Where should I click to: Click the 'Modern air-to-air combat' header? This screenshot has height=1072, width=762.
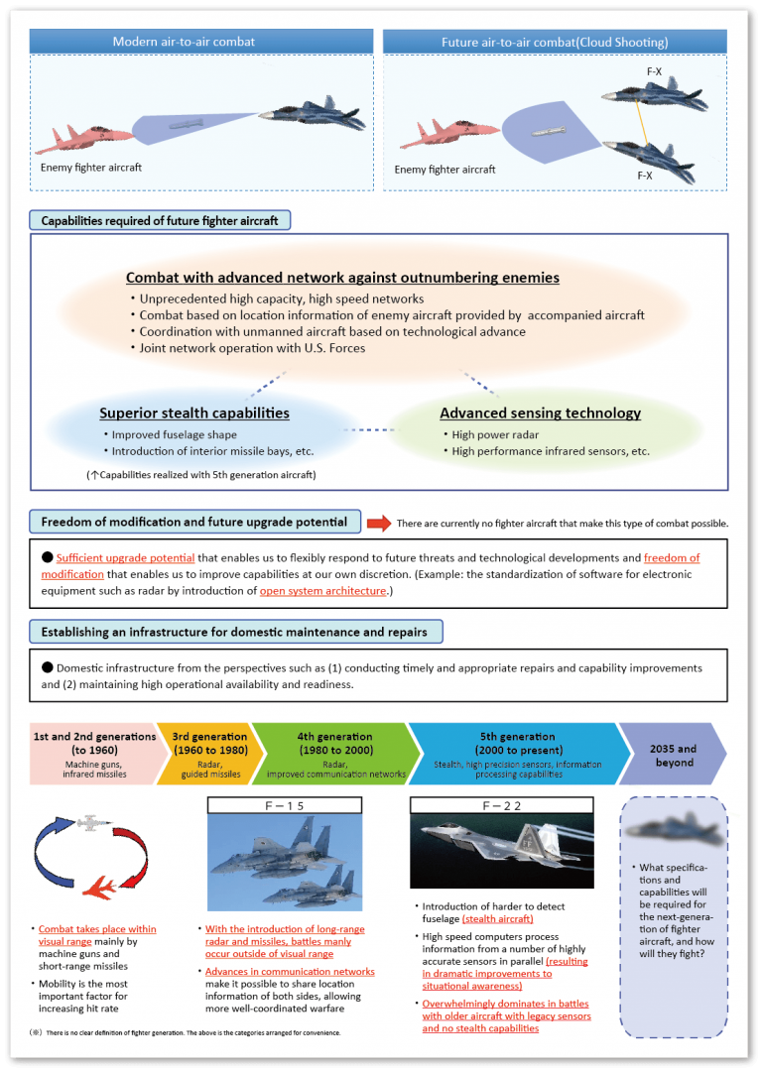pos(184,42)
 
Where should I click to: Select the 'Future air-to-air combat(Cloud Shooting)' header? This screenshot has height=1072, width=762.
pos(555,42)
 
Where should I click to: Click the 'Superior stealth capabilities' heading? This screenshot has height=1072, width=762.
pos(194,413)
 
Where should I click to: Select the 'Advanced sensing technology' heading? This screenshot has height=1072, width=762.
pos(540,413)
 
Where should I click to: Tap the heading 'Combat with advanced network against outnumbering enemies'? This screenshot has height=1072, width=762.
pos(342,278)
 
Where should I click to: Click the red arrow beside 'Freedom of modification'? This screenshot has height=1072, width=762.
pos(378,523)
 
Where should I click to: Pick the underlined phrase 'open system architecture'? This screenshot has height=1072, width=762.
pos(322,591)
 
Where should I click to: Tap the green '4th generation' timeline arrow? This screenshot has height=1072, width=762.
pos(332,754)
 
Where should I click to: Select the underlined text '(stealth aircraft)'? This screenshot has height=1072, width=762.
pos(498,919)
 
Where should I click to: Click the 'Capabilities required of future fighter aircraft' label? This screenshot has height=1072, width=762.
pos(160,220)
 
